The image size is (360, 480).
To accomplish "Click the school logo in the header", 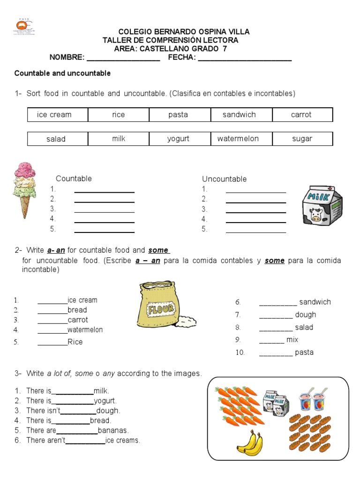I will [x=27, y=28].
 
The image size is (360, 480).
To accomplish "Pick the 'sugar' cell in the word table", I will [x=302, y=139].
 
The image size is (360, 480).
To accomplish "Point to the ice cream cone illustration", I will [x=25, y=189].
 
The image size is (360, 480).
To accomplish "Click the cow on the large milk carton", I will [x=316, y=215].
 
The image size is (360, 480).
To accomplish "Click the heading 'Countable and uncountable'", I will [x=62, y=74].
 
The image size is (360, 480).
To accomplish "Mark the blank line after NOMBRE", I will [x=123, y=58].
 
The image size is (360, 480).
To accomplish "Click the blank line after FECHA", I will [x=244, y=58].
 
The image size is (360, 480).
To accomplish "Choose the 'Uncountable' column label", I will [x=224, y=179].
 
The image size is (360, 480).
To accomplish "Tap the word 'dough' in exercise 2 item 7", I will [x=306, y=315].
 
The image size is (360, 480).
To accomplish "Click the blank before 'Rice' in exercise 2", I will [x=52, y=342].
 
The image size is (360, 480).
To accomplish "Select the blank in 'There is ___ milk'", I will [x=72, y=391].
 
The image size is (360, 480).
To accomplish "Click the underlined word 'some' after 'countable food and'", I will [x=159, y=250].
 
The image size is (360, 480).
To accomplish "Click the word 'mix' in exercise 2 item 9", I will [x=292, y=340].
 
